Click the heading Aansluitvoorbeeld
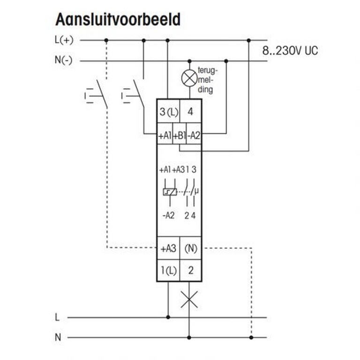[118, 20]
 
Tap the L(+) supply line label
[64, 40]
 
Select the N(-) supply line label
[63, 60]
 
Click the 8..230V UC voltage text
[290, 50]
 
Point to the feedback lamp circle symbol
[189, 78]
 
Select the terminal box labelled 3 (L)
[168, 112]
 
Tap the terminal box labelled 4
[191, 112]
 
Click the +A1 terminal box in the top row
[165, 135]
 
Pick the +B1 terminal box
[180, 135]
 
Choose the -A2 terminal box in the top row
[194, 135]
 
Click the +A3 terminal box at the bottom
[168, 248]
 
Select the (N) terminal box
[191, 248]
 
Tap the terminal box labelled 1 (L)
[168, 270]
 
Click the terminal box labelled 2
[191, 270]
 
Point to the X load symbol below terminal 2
[189, 300]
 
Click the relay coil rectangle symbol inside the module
[169, 191]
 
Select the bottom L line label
[57, 317]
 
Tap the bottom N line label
[58, 337]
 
